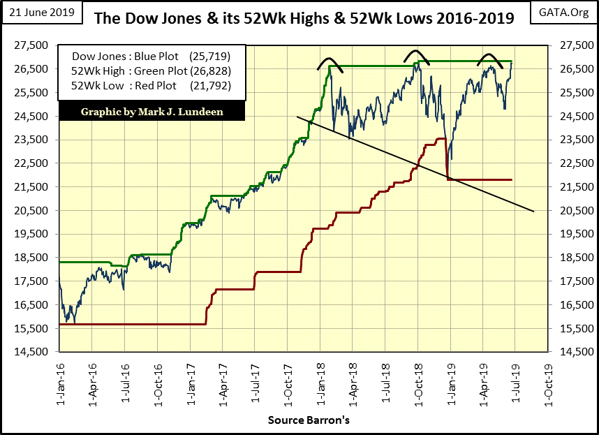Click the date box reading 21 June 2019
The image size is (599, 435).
point(41,13)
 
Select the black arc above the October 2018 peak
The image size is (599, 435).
point(416,54)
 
